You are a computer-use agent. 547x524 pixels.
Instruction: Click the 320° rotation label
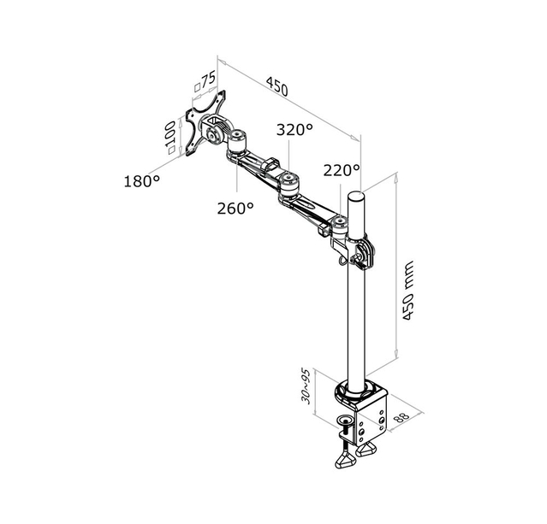click(x=294, y=130)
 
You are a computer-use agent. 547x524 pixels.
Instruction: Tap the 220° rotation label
click(x=342, y=170)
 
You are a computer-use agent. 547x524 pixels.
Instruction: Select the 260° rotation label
click(x=236, y=207)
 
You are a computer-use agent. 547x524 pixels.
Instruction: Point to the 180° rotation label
click(x=142, y=180)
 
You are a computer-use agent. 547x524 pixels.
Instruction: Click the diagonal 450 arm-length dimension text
click(x=276, y=86)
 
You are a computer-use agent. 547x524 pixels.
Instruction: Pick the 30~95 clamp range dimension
click(x=305, y=387)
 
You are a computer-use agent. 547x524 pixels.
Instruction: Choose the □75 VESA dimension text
click(x=205, y=82)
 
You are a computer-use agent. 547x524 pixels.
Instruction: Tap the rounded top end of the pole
click(x=359, y=197)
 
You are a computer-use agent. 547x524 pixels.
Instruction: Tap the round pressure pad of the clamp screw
click(x=346, y=420)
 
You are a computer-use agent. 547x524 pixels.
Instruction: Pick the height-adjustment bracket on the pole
click(x=362, y=251)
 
